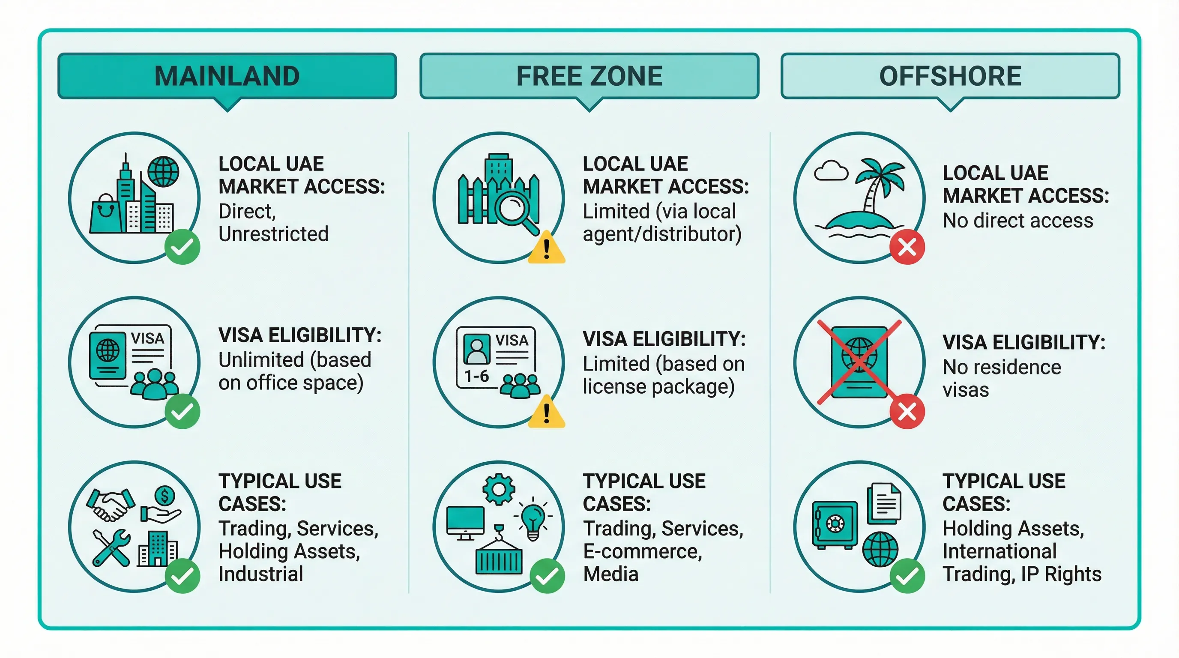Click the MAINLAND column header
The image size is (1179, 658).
(x=227, y=76)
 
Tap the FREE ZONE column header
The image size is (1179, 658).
(x=589, y=76)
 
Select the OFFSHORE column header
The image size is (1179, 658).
(x=950, y=76)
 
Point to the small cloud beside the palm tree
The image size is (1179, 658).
(x=831, y=171)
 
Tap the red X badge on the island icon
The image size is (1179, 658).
(x=907, y=248)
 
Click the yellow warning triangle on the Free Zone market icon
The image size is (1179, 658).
(x=546, y=248)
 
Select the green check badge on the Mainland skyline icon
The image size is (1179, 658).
(x=182, y=247)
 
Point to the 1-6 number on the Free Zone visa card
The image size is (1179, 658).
(x=476, y=376)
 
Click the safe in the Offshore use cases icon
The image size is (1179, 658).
(x=835, y=524)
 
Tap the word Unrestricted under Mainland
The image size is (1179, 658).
(x=273, y=234)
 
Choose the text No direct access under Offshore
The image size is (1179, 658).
(x=1018, y=221)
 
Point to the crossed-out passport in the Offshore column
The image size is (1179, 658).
(x=859, y=362)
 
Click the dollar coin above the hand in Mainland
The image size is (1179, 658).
(x=165, y=495)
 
